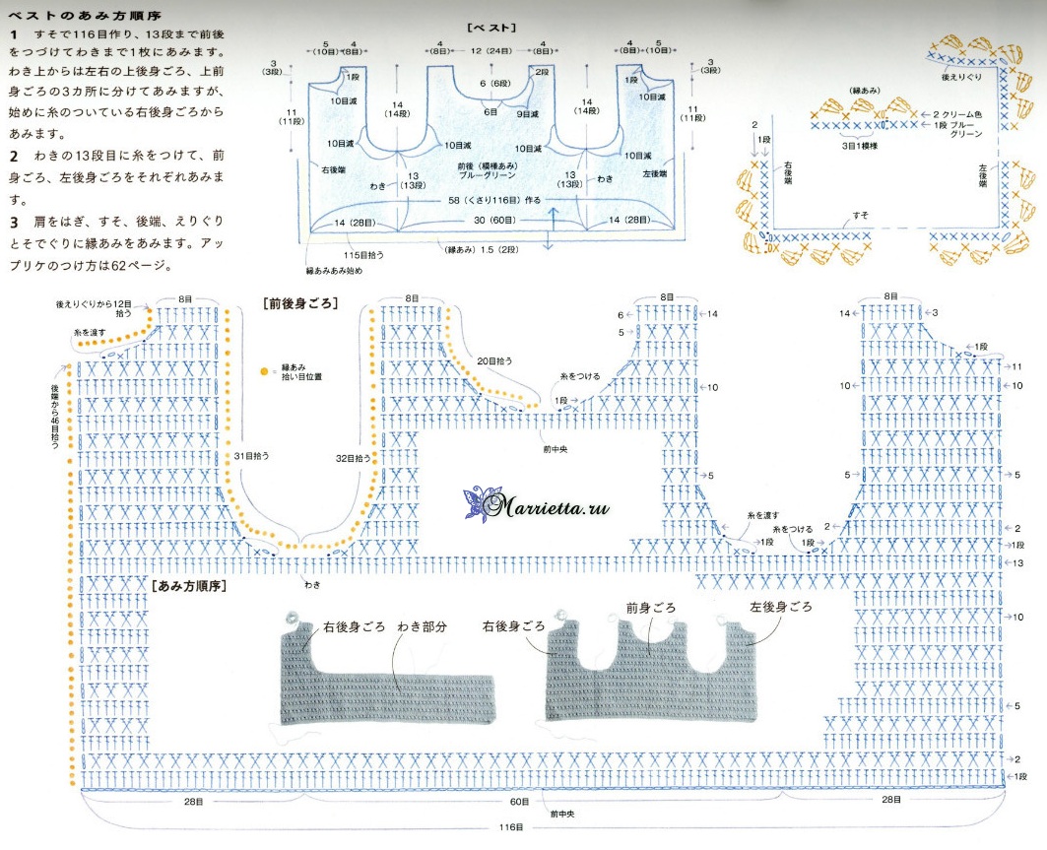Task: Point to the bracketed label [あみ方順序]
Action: [191, 586]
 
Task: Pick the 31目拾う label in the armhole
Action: [251, 456]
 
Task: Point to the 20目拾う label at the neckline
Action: [492, 360]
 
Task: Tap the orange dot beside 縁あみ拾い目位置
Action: [263, 372]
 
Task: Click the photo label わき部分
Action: [423, 626]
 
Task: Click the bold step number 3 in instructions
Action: [14, 215]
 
